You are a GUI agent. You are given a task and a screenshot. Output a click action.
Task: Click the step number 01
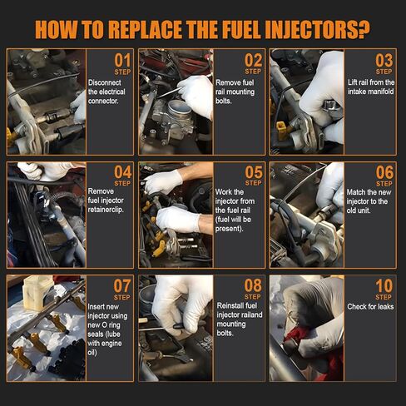click(122, 61)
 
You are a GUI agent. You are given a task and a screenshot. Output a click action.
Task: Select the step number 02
click(253, 61)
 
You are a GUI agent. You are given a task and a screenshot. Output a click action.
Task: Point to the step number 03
click(384, 61)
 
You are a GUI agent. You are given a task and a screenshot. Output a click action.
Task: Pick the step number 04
click(122, 172)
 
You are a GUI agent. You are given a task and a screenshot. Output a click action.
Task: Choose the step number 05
click(253, 172)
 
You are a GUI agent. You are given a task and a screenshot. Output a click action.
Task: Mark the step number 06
click(384, 172)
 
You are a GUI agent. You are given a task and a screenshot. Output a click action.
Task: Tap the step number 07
click(122, 286)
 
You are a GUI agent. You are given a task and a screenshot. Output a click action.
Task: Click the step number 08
click(253, 286)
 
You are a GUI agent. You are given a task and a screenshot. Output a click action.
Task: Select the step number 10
click(384, 286)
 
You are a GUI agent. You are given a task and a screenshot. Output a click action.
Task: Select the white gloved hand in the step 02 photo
click(196, 94)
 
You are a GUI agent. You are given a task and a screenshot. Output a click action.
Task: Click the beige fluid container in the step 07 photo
click(37, 294)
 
